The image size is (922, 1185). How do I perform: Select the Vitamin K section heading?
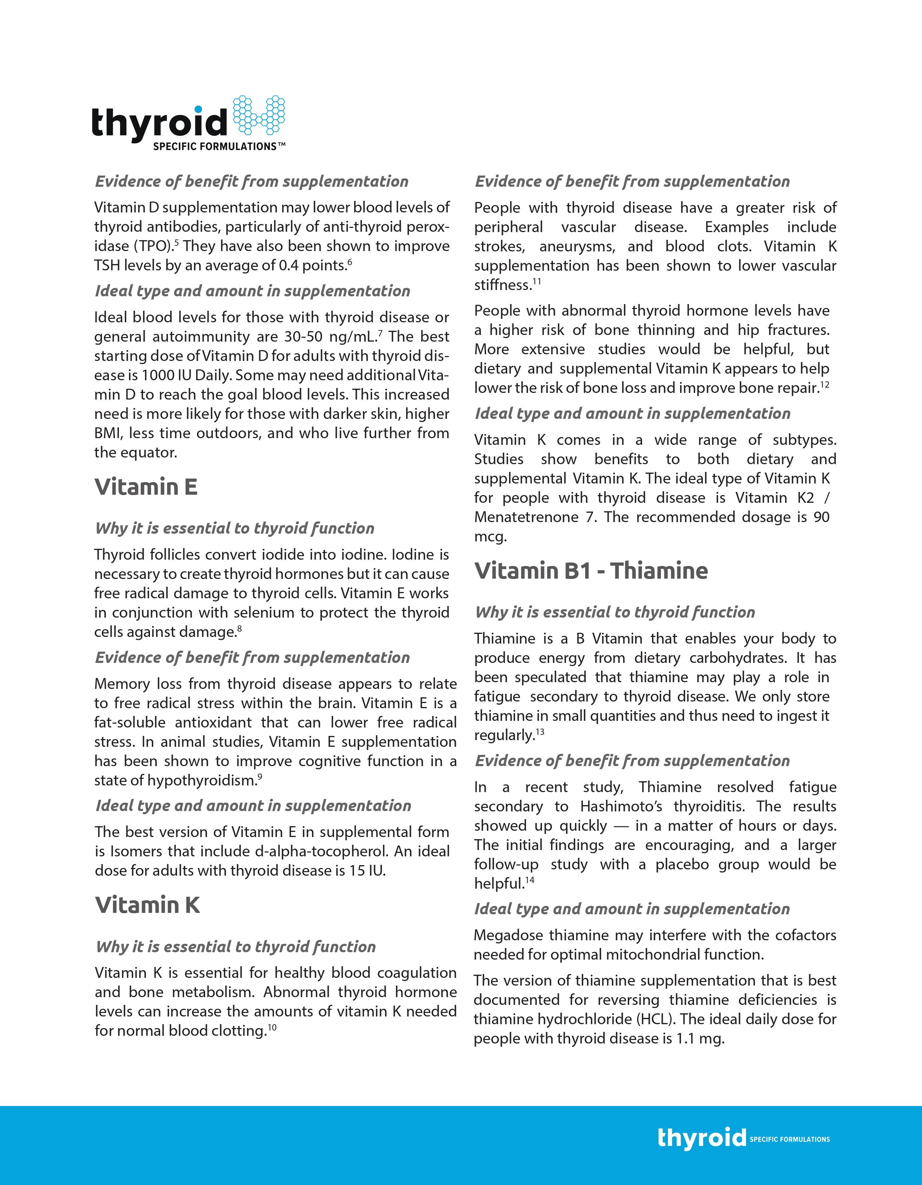[148, 905]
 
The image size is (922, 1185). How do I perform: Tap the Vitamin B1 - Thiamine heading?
[591, 571]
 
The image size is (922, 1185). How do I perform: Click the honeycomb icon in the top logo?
[259, 115]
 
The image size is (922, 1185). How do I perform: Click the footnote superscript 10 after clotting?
[273, 1027]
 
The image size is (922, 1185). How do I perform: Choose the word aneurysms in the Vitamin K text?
[577, 247]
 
